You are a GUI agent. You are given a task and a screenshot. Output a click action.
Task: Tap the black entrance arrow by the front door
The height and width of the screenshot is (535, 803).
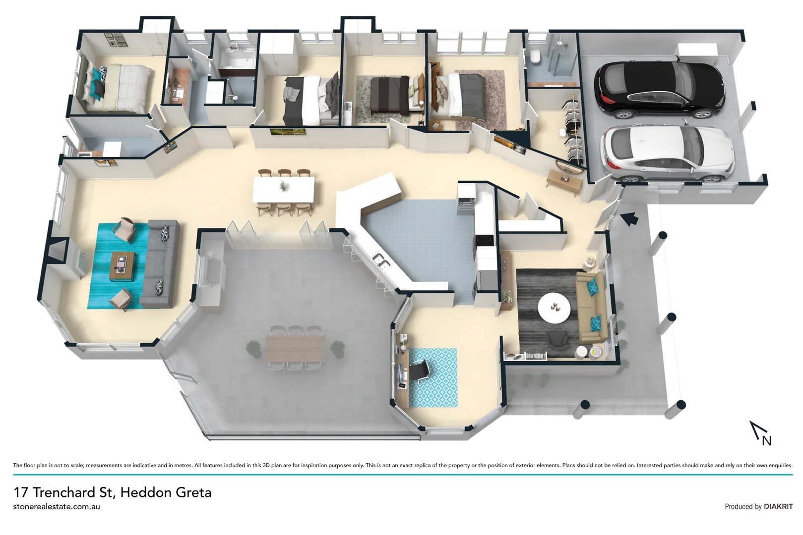[x=629, y=218]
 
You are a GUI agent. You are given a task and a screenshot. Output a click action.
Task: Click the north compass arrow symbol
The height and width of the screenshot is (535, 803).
[x=759, y=431]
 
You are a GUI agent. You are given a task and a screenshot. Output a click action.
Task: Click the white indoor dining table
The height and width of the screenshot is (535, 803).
[x=283, y=190]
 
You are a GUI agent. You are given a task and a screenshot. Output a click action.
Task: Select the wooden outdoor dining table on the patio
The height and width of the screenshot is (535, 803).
[x=296, y=348]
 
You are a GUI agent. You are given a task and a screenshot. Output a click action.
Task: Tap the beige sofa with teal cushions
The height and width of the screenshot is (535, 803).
[x=592, y=307]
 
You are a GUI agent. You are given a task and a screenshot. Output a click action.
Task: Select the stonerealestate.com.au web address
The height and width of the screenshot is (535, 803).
[x=57, y=507]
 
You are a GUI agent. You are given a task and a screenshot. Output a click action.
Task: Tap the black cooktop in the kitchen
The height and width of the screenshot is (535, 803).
[x=484, y=241]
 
